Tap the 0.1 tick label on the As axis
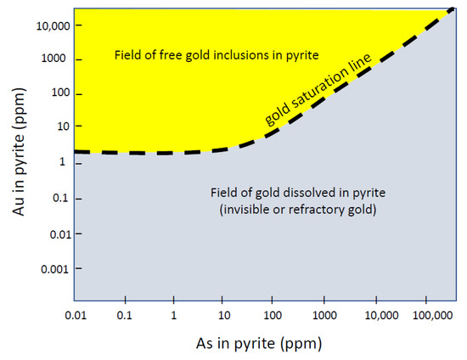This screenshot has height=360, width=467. pos(126,315)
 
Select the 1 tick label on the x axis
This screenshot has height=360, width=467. pos(174,315)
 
